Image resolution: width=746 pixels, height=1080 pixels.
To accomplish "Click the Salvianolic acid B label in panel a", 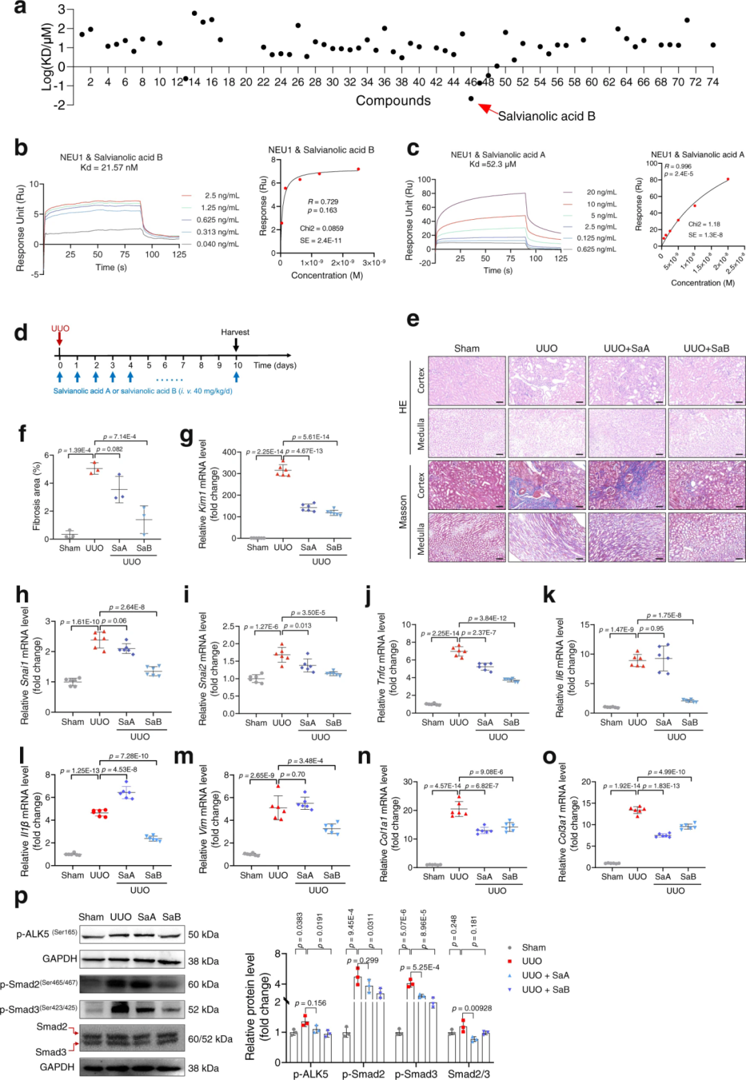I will pos(546,116).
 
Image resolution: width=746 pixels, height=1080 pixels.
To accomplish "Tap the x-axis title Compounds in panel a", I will pos(393,101).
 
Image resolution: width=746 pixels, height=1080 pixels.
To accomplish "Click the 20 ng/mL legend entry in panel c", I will pos(601,192).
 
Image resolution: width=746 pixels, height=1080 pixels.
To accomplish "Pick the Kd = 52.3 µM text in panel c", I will pos(497,164).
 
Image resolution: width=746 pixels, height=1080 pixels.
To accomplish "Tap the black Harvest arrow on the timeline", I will pos(236,343).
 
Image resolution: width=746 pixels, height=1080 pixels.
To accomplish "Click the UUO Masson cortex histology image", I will pos(546,485).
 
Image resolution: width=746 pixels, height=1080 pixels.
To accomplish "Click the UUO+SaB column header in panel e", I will pos(706,348).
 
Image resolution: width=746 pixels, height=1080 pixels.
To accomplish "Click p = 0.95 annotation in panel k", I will pos(651,629).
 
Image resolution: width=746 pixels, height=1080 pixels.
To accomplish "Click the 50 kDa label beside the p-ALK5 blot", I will pos(204,934).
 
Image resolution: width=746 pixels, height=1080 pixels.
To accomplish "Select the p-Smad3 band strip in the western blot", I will pos(133,1010).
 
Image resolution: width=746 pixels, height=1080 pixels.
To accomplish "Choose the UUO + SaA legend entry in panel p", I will pos(546,975).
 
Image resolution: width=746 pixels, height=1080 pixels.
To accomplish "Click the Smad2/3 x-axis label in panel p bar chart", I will pos(468,1074).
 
